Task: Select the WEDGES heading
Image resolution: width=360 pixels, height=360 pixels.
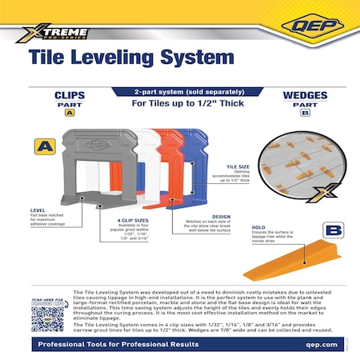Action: click(x=306, y=93)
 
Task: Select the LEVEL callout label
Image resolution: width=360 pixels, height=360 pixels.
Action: click(x=38, y=210)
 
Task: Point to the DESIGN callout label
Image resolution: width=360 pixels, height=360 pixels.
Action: click(x=221, y=215)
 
